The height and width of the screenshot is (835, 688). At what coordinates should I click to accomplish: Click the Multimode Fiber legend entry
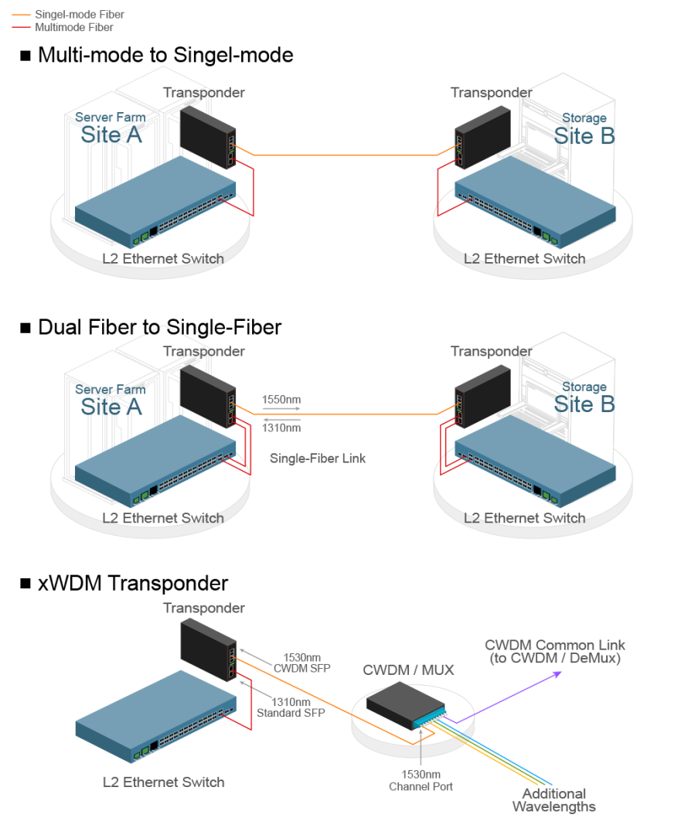tap(73, 27)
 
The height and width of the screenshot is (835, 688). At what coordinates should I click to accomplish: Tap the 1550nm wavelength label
tap(281, 400)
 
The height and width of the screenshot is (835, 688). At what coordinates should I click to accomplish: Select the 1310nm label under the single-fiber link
tap(281, 427)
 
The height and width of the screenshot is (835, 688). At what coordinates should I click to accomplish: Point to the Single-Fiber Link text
tap(317, 458)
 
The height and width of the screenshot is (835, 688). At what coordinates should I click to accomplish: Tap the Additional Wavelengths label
tap(553, 800)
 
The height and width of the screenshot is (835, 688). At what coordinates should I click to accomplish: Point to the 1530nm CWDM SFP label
tap(301, 663)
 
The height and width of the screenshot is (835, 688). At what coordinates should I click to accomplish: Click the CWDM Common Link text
tap(554, 651)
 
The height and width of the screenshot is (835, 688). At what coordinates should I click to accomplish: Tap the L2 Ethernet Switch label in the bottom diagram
tap(163, 782)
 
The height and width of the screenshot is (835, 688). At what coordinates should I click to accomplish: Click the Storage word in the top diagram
tap(584, 118)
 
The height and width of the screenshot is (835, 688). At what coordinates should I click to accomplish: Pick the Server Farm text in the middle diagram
tap(110, 390)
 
